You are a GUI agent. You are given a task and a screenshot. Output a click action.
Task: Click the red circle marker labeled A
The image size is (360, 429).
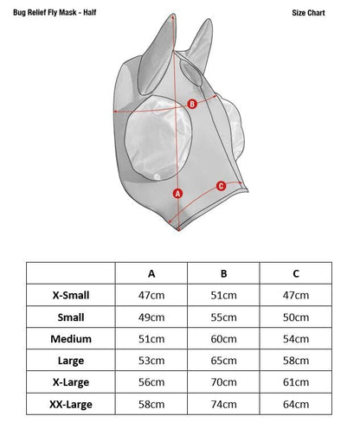coord(177,194)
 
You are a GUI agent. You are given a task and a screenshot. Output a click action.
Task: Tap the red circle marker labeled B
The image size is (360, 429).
coord(192,104)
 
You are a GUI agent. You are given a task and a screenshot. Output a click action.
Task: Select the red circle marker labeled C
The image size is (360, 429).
coord(221,186)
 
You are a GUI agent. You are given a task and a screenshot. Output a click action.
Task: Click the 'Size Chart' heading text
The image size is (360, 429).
coord(308,13)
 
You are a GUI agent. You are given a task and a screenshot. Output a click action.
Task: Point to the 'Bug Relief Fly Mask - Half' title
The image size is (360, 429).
coord(55,13)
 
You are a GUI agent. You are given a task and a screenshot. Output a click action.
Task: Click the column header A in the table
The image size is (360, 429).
coord(151,273)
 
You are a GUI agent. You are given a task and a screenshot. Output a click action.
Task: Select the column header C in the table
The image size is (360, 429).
coord(296,273)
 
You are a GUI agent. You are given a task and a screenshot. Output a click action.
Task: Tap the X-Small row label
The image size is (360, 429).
coord(71,295)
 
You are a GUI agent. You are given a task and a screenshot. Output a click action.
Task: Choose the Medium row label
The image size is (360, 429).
coord(71,339)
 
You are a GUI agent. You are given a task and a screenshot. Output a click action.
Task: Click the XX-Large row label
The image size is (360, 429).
coord(71,404)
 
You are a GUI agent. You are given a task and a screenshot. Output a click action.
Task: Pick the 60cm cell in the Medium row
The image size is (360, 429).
coord(223,339)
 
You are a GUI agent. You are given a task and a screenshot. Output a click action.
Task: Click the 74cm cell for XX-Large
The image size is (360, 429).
coord(223,404)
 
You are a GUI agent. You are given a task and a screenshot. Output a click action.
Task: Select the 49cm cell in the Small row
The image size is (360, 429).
coord(151,317)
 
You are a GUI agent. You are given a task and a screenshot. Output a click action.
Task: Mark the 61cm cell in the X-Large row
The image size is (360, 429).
coord(296,382)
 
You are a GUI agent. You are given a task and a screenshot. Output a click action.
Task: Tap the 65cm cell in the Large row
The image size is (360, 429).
coord(223,361)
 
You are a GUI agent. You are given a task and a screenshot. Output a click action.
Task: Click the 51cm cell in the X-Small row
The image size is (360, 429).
coord(223,295)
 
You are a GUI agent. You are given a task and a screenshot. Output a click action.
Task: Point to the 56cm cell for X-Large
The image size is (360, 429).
coord(151,382)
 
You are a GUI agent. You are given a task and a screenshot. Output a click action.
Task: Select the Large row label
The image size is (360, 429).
coord(71,361)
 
